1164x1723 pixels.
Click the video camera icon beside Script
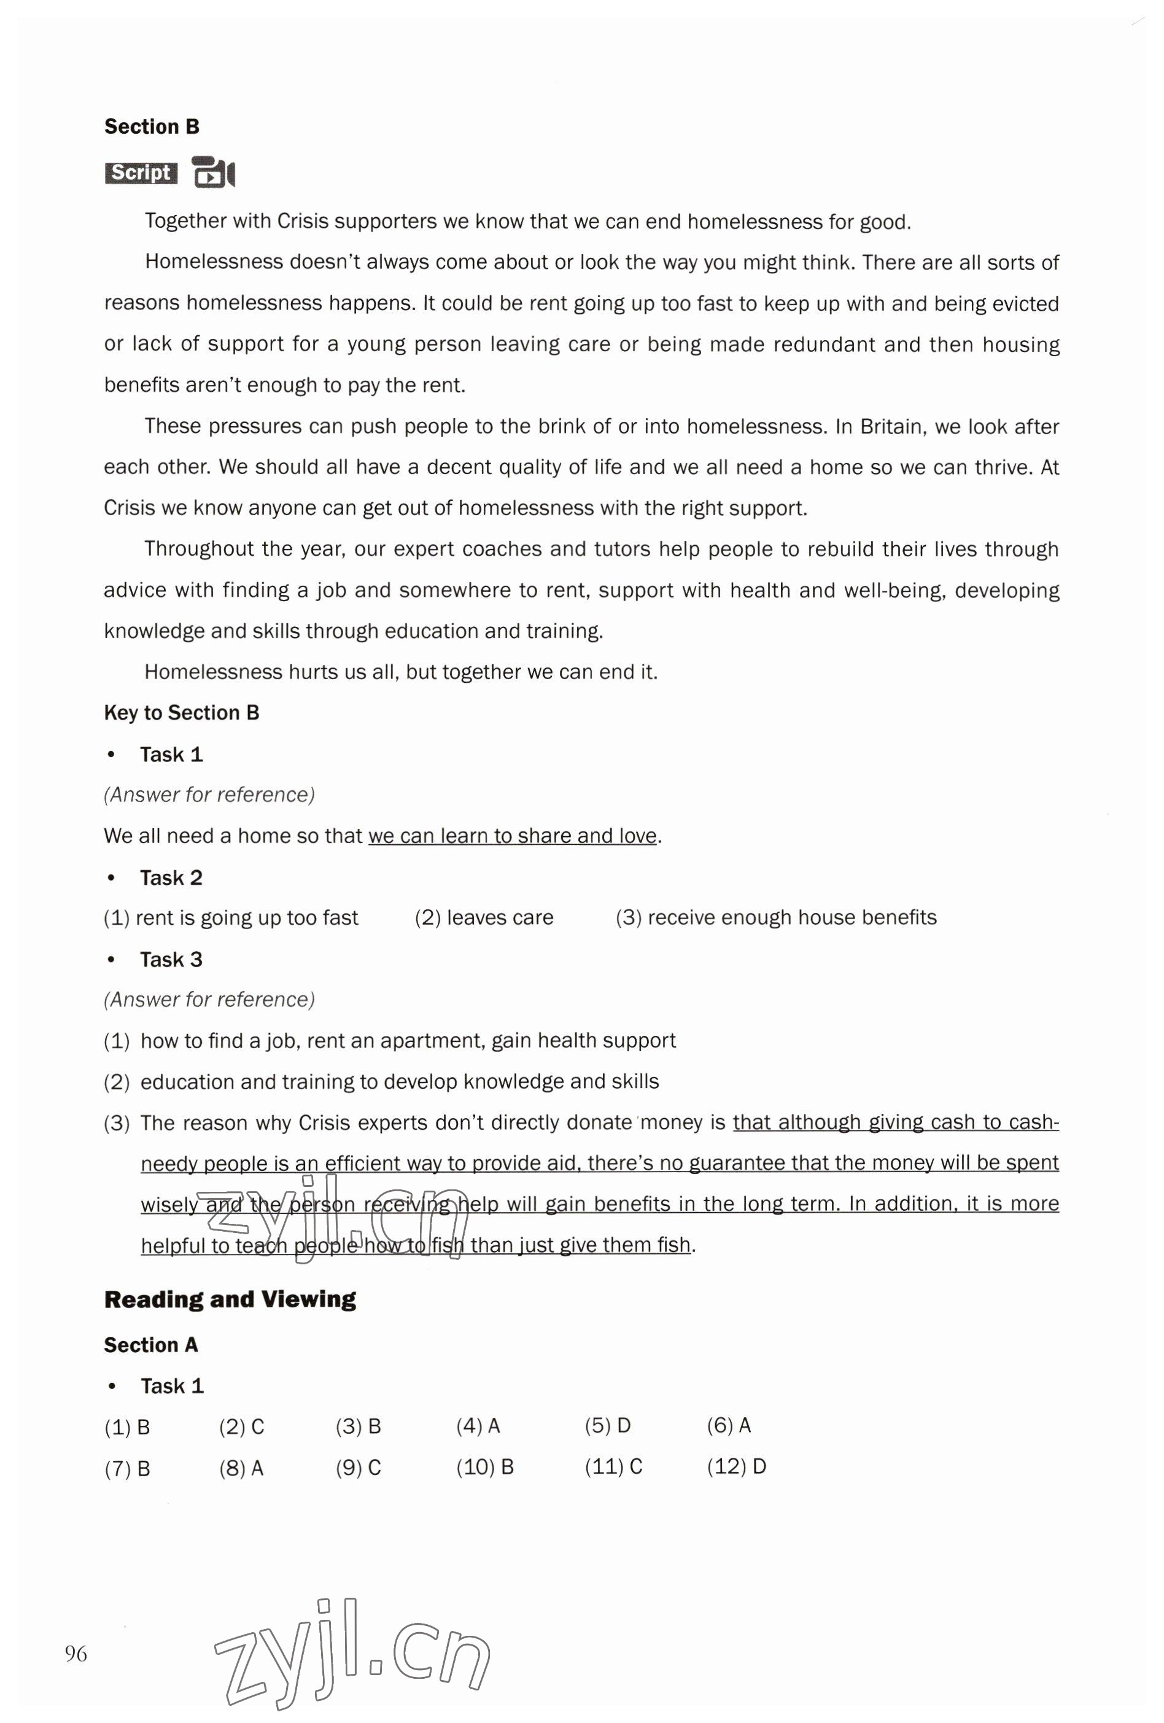pyautogui.click(x=213, y=173)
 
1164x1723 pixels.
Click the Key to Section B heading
pyautogui.click(x=181, y=714)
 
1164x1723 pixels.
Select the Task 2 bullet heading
pyautogui.click(x=171, y=878)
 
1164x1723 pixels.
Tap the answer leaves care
pyautogui.click(x=484, y=918)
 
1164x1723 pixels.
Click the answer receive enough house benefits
pyautogui.click(x=775, y=918)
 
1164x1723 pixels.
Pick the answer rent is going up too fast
pyautogui.click(x=231, y=918)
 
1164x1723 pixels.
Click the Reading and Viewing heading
pyautogui.click(x=230, y=1300)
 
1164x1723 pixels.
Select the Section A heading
pyautogui.click(x=150, y=1345)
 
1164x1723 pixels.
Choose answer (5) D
pyautogui.click(x=607, y=1426)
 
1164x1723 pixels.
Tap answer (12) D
pyautogui.click(x=736, y=1466)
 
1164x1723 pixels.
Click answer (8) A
pyautogui.click(x=241, y=1468)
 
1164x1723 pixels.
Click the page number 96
pyautogui.click(x=76, y=1654)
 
